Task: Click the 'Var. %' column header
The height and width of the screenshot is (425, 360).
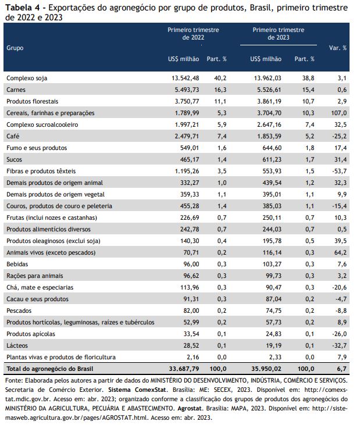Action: [338, 48]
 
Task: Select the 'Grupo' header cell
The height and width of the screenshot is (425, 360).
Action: [15, 48]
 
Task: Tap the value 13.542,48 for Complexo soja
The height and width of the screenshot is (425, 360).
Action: [183, 78]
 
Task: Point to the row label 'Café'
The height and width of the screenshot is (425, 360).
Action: [12, 136]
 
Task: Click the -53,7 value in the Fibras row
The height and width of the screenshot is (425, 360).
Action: [337, 171]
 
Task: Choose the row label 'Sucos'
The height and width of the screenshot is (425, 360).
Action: [14, 159]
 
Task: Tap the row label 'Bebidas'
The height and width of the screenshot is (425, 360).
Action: [16, 264]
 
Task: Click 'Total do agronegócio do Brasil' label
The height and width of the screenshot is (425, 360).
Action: [49, 369]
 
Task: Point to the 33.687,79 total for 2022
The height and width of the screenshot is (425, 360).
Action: [181, 369]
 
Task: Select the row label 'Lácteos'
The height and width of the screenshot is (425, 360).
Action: [17, 345]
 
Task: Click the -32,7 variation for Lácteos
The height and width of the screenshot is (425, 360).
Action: [337, 345]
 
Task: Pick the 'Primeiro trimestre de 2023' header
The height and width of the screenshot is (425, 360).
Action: [279, 33]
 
